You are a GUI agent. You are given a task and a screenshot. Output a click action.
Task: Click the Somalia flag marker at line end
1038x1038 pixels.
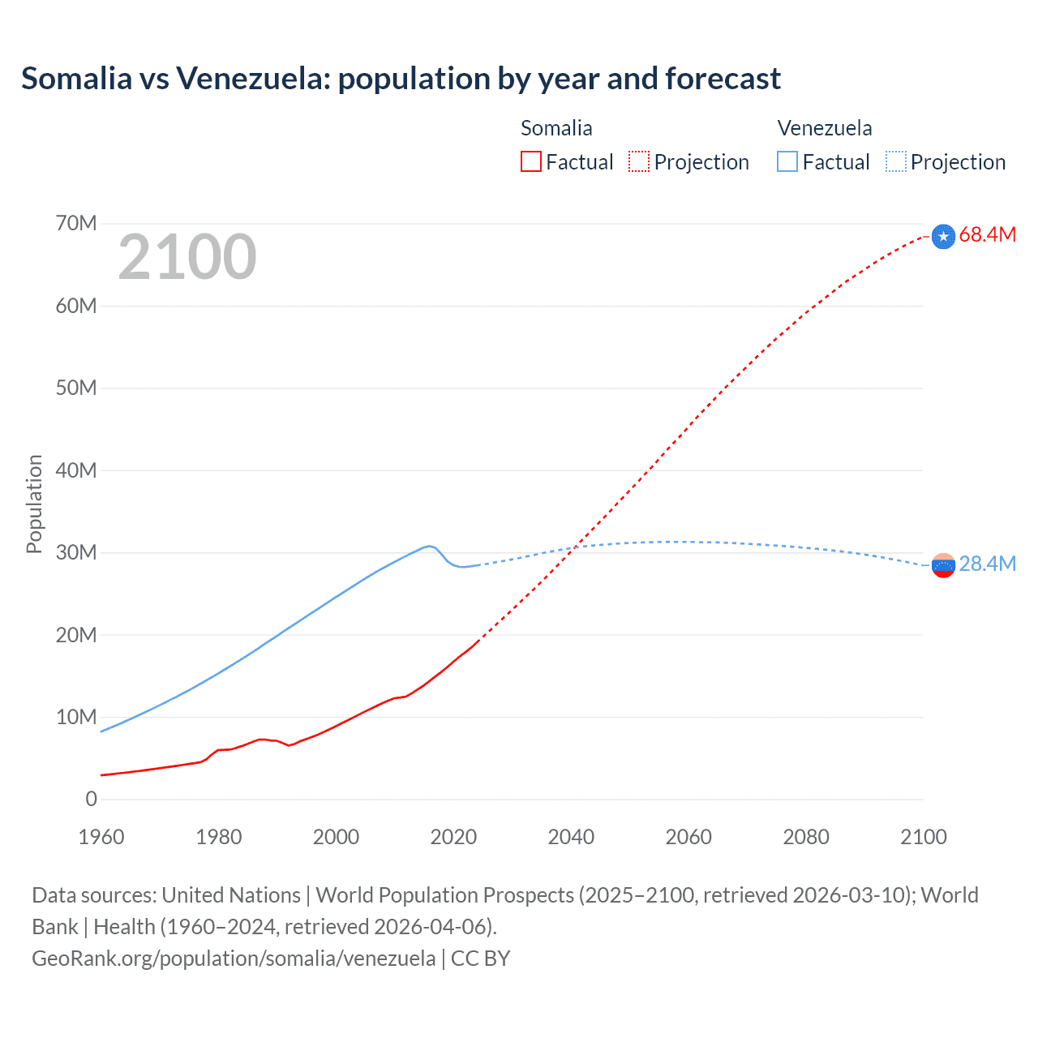click(943, 236)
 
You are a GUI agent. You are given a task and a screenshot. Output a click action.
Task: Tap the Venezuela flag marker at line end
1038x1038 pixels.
click(943, 565)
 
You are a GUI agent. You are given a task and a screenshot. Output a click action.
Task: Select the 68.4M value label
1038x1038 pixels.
click(987, 235)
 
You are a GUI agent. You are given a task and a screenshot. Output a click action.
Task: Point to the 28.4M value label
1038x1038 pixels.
click(987, 564)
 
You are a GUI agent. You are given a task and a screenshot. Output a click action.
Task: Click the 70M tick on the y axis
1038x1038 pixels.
click(76, 224)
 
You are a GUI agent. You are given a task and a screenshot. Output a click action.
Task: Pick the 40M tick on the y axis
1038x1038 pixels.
click(76, 470)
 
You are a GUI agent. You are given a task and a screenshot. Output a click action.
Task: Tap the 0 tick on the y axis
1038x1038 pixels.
click(91, 800)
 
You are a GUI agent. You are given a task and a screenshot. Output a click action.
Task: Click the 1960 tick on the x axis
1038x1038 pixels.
click(101, 837)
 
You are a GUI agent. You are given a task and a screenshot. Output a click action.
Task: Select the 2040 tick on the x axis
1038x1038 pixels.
click(571, 837)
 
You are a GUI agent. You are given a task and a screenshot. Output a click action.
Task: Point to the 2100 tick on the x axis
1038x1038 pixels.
click(923, 837)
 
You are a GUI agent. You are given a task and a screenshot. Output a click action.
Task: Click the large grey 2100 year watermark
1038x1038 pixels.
click(187, 257)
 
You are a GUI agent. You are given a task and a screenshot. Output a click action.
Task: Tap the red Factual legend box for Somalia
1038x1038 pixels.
click(531, 162)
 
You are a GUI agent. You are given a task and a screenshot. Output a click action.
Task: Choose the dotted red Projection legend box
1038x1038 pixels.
click(639, 162)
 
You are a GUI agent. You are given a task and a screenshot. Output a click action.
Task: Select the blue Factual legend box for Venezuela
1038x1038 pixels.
click(787, 162)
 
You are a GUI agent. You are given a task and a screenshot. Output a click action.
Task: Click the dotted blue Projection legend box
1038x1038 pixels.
click(895, 162)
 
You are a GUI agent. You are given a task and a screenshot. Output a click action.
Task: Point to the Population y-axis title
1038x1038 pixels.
click(34, 504)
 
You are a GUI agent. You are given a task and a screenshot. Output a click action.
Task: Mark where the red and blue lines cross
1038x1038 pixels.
click(574, 548)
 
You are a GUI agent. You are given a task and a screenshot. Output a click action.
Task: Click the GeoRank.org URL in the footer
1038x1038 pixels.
click(234, 959)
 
